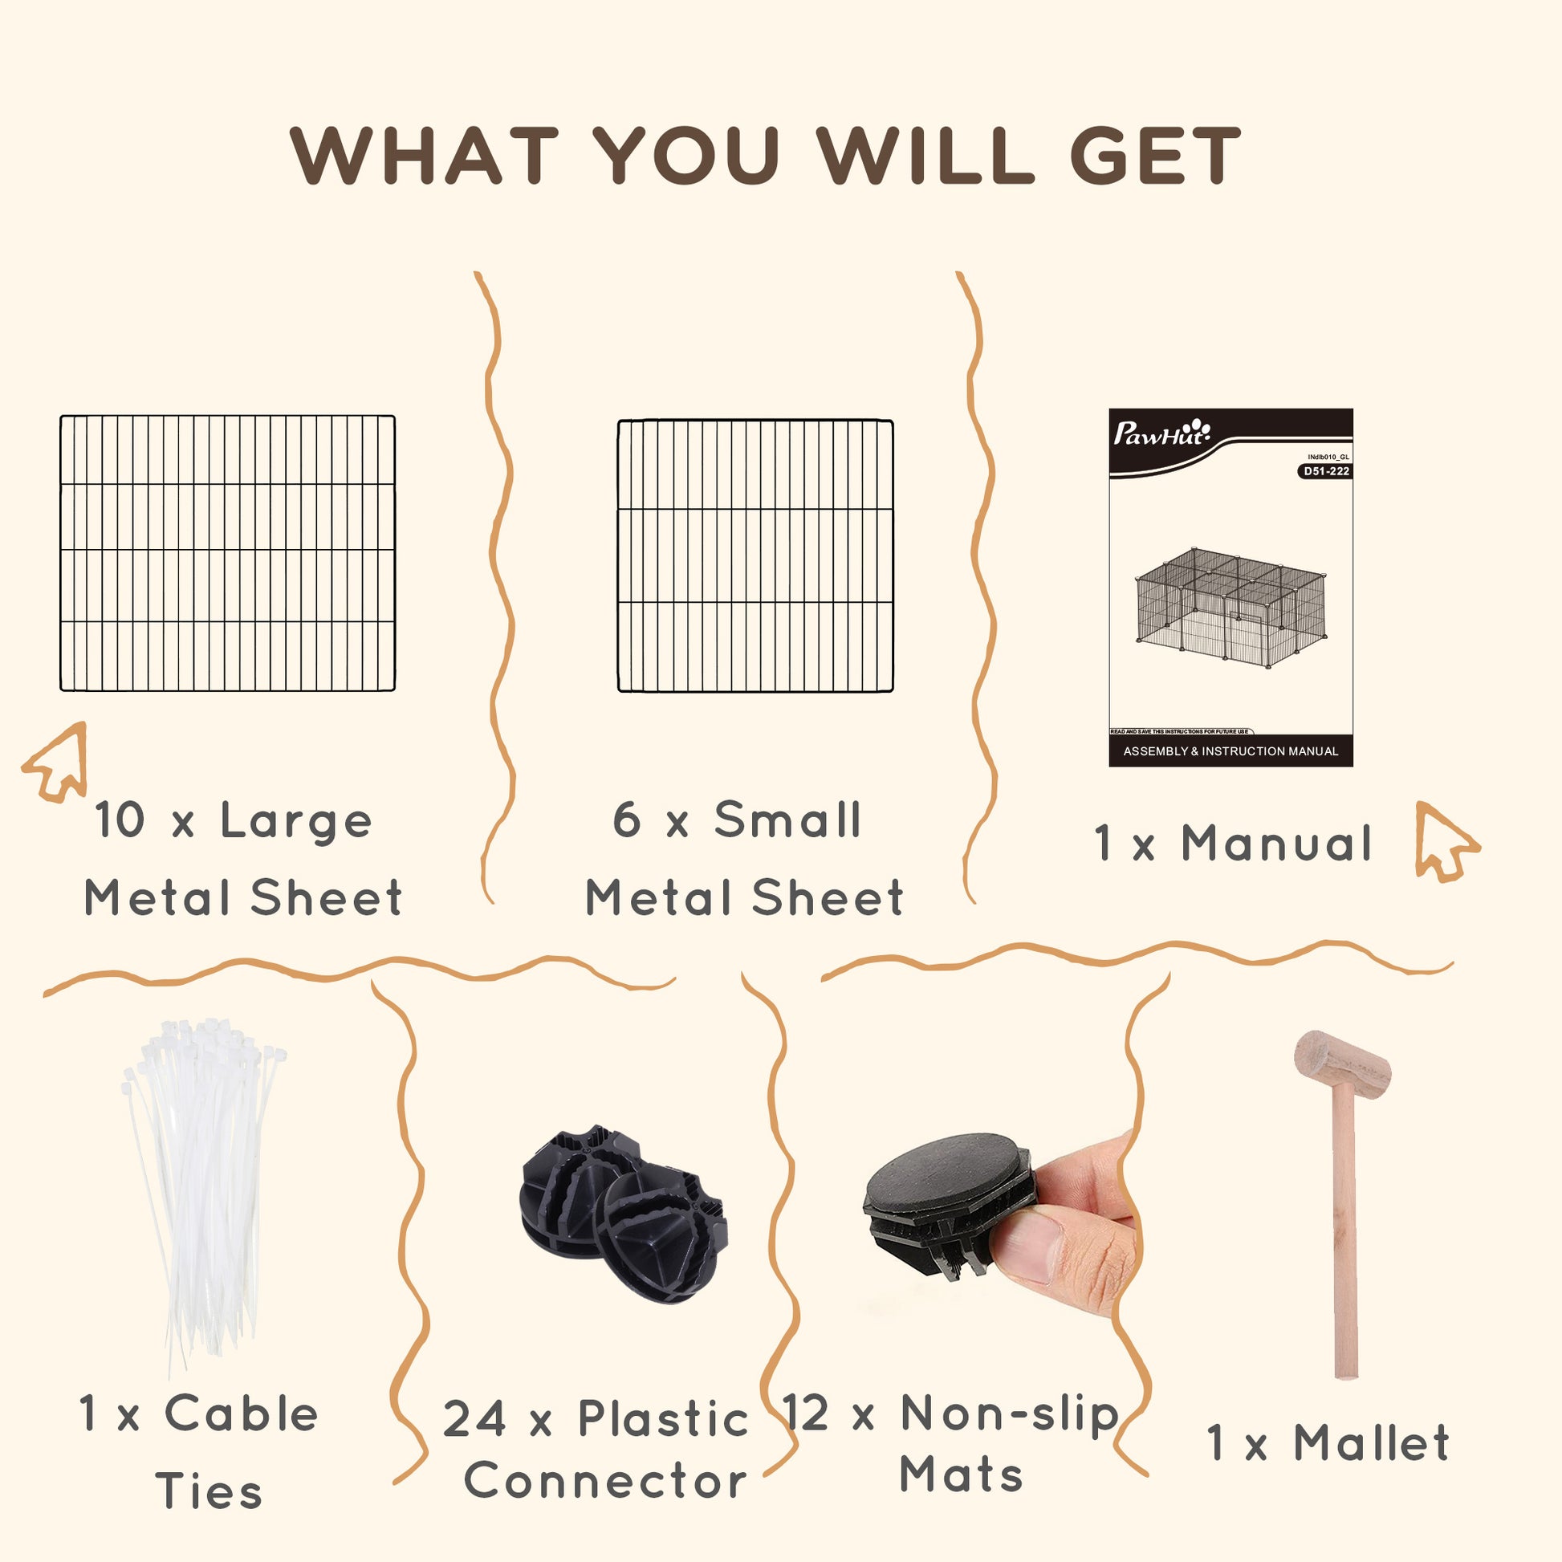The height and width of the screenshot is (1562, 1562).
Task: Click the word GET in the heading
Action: pos(1155,155)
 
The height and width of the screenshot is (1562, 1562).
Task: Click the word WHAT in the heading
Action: pos(425,155)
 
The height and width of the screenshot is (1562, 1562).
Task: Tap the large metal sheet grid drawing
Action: pos(228,553)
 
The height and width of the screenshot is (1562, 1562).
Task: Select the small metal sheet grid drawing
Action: pos(755,555)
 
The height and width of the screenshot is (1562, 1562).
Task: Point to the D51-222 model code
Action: pos(1326,471)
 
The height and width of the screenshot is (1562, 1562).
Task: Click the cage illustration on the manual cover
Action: pos(1230,606)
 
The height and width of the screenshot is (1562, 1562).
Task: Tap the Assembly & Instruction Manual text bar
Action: pos(1230,751)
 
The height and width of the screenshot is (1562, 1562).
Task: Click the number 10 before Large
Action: pos(120,820)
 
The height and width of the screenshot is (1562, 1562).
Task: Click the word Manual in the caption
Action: pos(1276,843)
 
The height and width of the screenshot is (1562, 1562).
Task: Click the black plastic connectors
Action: pos(624,1213)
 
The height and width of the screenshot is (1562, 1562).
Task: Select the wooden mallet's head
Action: pos(1343,1066)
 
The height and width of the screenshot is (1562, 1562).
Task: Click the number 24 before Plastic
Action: pos(474,1420)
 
